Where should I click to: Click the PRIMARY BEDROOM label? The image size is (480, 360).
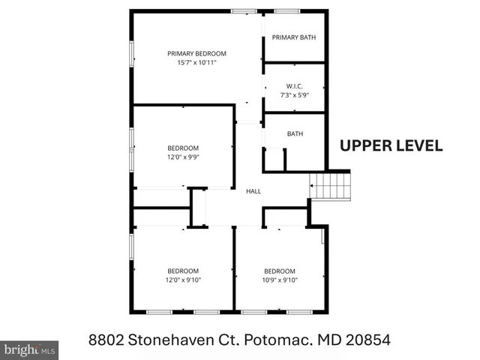click(x=196, y=53)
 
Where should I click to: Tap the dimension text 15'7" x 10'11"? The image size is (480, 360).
click(x=196, y=63)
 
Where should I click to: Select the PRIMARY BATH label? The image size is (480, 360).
click(x=294, y=37)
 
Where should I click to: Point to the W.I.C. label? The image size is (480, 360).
click(x=294, y=85)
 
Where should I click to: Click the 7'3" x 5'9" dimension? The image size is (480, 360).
click(x=294, y=95)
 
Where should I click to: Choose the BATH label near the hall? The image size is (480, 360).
click(x=295, y=134)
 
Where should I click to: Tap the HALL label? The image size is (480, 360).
click(x=253, y=192)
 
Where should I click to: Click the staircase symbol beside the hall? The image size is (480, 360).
click(x=331, y=185)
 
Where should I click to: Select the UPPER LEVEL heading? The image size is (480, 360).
click(x=391, y=145)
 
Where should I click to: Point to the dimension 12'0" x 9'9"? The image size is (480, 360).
click(x=183, y=157)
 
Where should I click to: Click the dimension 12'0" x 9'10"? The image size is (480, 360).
click(x=183, y=280)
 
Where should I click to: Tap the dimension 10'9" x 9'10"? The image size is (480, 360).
click(x=280, y=280)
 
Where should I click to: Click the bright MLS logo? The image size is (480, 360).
click(x=29, y=349)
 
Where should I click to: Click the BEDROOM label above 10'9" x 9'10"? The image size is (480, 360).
click(x=280, y=271)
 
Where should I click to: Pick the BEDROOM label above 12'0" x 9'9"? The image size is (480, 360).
click(x=183, y=148)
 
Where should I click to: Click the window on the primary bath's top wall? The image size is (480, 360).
click(x=284, y=11)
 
